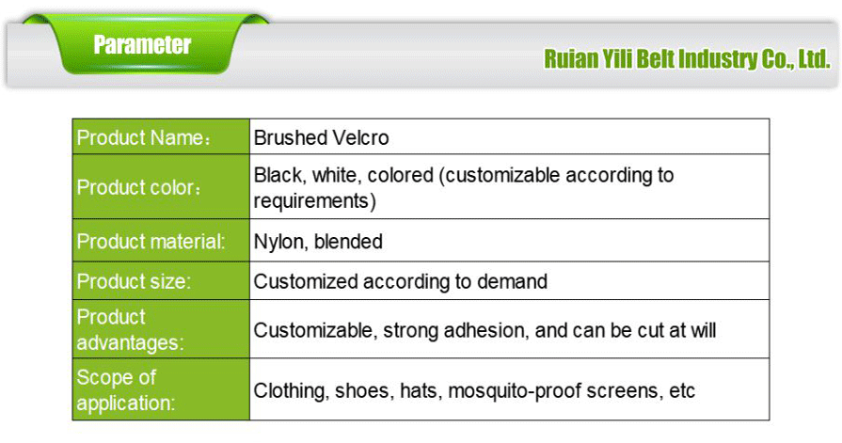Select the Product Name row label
[x=142, y=138]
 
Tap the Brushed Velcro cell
[x=321, y=138]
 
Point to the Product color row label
[x=139, y=187]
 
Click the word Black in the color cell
[x=276, y=176]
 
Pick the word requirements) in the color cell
[x=314, y=199]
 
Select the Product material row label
[x=151, y=242]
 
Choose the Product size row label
[x=134, y=281]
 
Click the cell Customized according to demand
[x=400, y=281]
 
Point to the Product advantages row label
[x=130, y=329]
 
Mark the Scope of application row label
[x=126, y=390]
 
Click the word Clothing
[x=291, y=390]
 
